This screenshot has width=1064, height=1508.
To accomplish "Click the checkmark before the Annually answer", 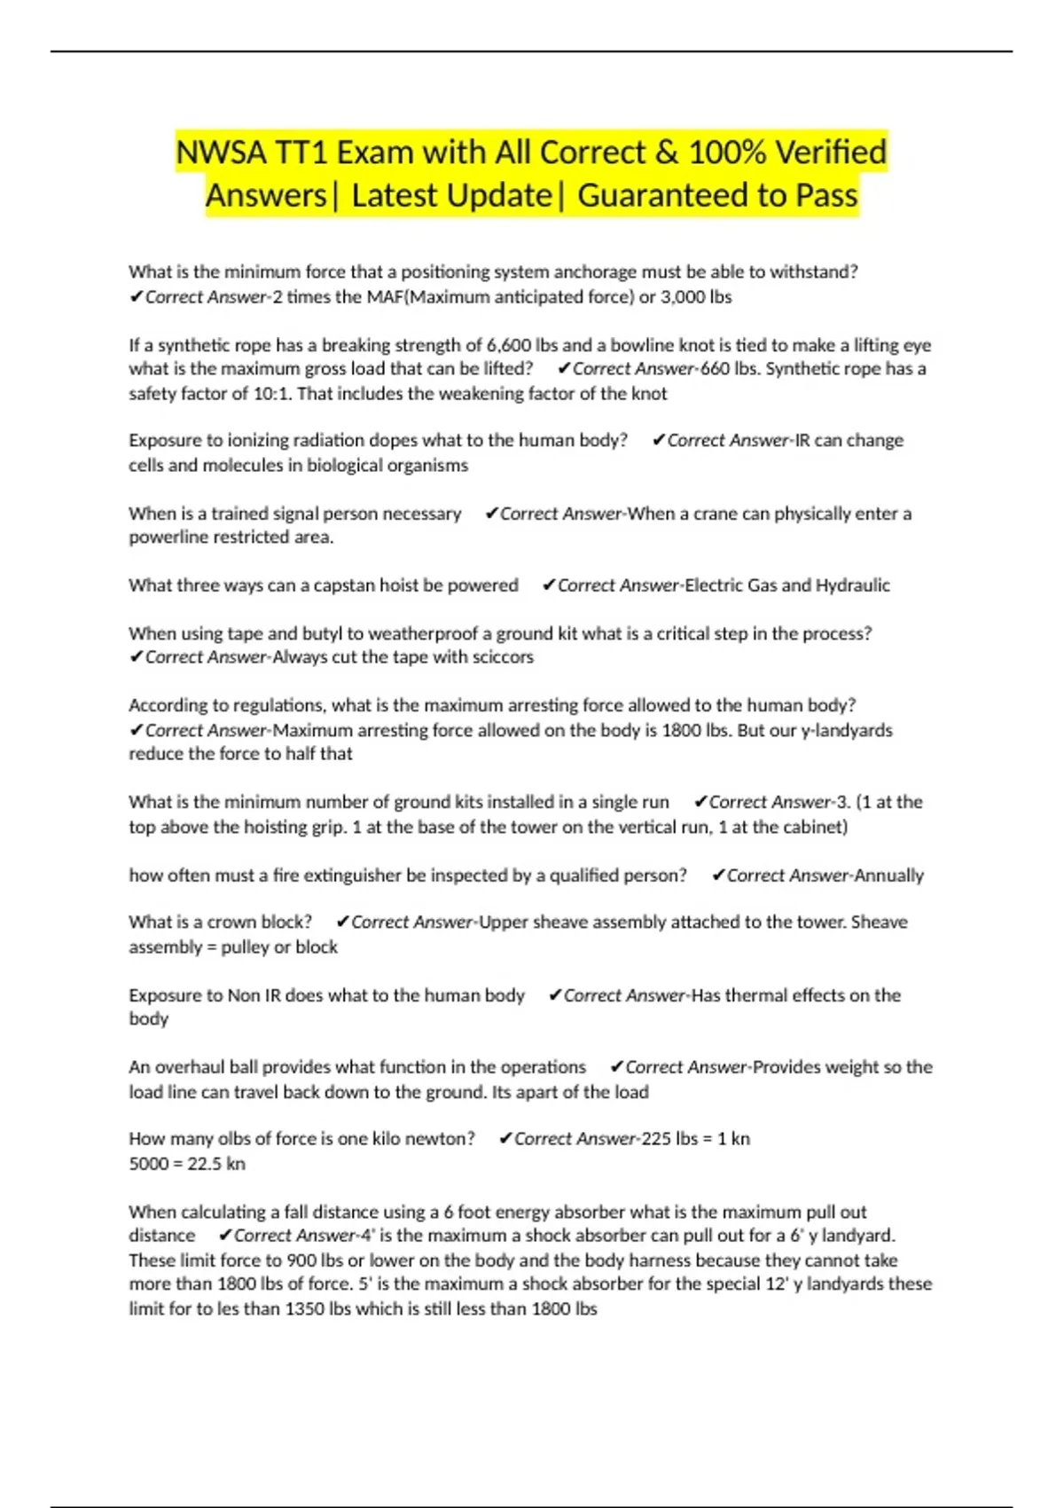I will pos(718,876).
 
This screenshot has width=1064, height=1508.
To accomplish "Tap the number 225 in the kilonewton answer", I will pos(656,1139).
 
